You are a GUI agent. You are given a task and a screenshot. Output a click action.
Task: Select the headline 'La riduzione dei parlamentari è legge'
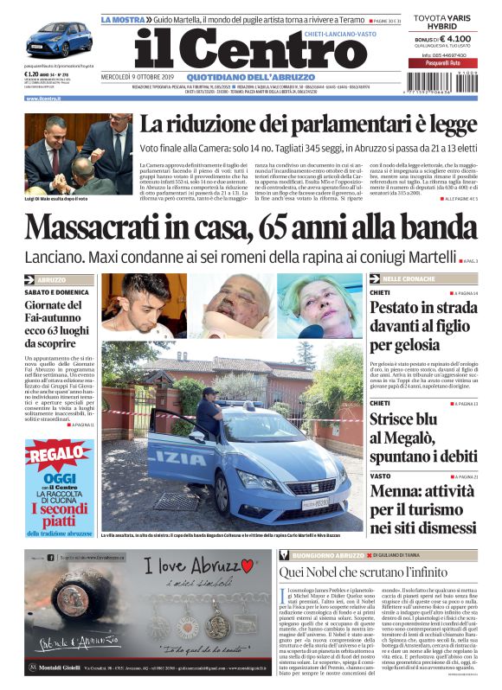308,125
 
